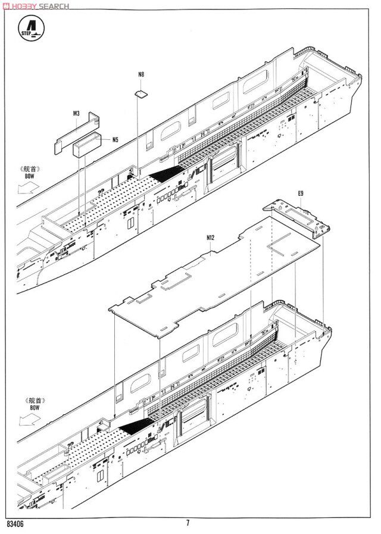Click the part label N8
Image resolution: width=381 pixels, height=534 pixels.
point(141,74)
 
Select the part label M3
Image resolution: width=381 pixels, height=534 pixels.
point(76,113)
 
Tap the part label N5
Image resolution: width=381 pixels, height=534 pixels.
point(115,140)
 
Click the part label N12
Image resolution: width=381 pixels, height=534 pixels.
point(210,238)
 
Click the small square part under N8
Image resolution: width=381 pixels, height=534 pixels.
point(141,94)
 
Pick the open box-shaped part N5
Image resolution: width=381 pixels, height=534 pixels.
point(87,145)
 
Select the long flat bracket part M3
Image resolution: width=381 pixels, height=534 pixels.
point(77,133)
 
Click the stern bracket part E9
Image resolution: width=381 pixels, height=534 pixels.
point(296,218)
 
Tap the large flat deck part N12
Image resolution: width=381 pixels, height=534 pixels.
point(214,277)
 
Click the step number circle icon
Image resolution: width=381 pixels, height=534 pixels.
point(32,28)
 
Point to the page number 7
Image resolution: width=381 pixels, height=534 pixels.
point(188,523)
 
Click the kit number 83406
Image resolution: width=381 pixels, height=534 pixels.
point(15,524)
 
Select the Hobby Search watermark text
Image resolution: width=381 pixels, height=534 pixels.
point(36,6)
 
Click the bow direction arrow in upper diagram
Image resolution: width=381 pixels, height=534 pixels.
point(28,188)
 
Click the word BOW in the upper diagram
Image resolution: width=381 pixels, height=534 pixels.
point(30,176)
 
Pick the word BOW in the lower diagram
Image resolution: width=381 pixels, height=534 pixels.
point(35,408)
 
